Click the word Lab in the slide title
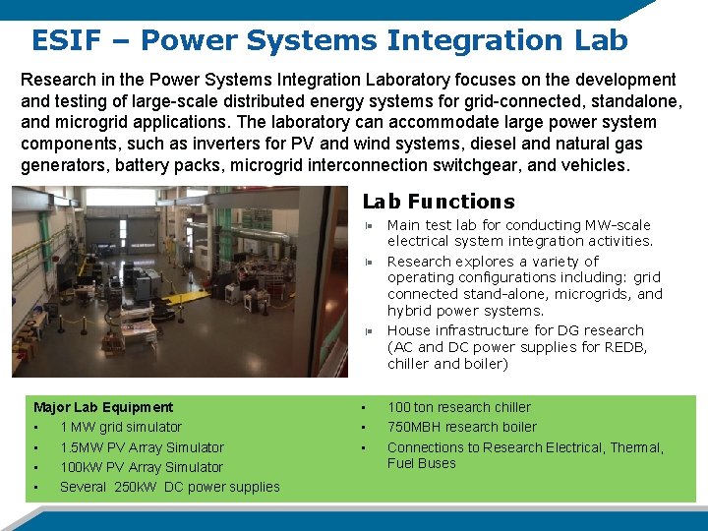pyautogui.click(x=598, y=40)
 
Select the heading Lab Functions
pyautogui.click(x=439, y=202)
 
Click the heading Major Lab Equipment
pyautogui.click(x=103, y=407)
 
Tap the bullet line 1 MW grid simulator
pyautogui.click(x=121, y=427)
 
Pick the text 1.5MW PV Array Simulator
pyautogui.click(x=142, y=447)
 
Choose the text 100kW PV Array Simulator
pyautogui.click(x=142, y=467)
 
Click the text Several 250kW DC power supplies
pyautogui.click(x=169, y=487)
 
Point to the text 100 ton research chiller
pyautogui.click(x=458, y=407)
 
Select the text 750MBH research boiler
pyautogui.click(x=462, y=427)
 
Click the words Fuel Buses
pyautogui.click(x=422, y=463)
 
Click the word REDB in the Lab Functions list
pyautogui.click(x=626, y=347)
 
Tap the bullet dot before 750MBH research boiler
pyautogui.click(x=363, y=427)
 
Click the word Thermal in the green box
pyautogui.click(x=633, y=447)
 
